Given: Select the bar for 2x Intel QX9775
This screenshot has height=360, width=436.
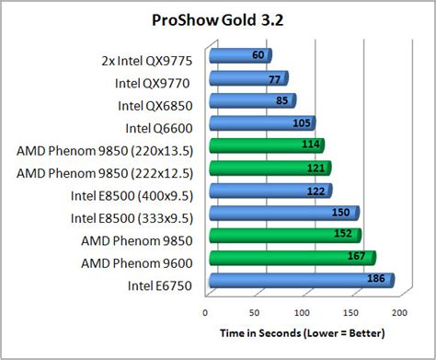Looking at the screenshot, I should point(225,56).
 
